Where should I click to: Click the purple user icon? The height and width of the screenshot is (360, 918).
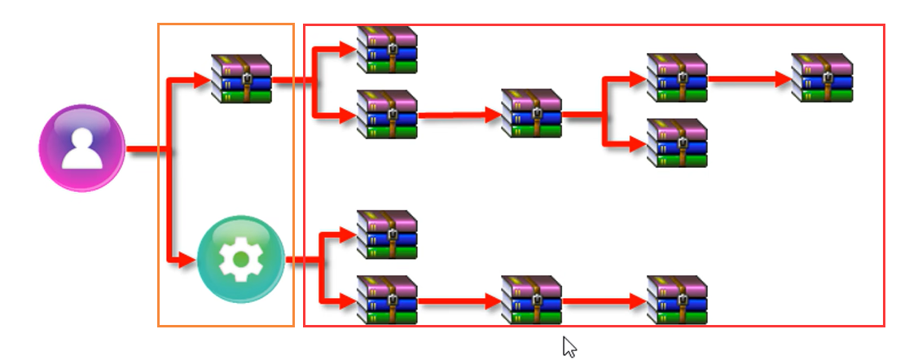(x=81, y=148)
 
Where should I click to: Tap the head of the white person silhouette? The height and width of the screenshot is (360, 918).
(x=81, y=138)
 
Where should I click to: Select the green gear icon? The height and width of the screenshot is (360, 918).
(x=241, y=259)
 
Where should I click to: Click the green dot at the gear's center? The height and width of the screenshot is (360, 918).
(x=241, y=260)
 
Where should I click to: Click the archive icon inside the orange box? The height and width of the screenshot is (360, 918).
(x=241, y=79)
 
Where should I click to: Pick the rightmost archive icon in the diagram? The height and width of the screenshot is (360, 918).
(x=822, y=79)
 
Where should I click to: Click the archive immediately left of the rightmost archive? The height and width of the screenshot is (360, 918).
(x=677, y=79)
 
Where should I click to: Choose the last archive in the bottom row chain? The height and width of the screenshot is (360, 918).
(x=677, y=301)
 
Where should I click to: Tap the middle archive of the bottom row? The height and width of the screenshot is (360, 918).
(x=532, y=301)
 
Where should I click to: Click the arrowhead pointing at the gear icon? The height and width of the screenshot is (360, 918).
(x=189, y=261)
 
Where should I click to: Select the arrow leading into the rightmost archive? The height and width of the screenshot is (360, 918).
(x=782, y=80)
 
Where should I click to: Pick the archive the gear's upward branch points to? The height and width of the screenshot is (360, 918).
(x=387, y=235)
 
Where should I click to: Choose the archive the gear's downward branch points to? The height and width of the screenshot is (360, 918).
(x=387, y=301)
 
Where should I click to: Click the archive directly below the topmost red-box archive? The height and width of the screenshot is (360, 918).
(x=387, y=115)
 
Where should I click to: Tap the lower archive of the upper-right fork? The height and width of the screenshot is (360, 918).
(x=677, y=143)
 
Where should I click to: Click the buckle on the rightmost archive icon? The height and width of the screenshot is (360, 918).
(x=828, y=78)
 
